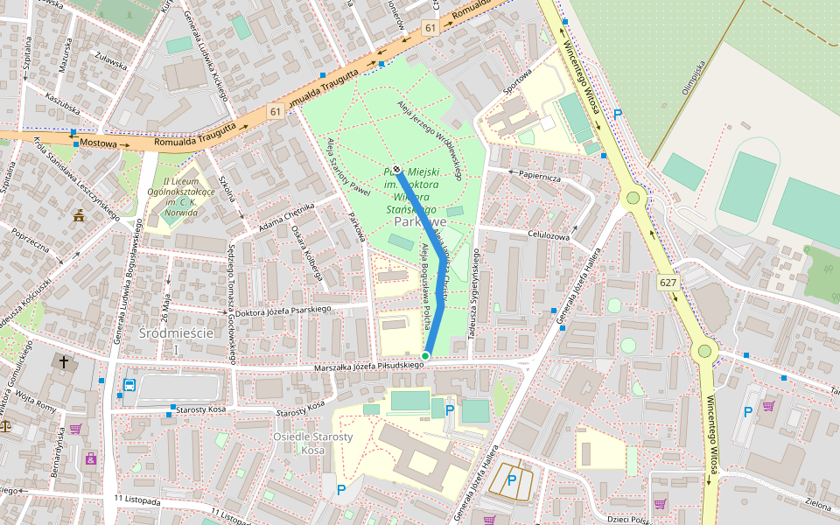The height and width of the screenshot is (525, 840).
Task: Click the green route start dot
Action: pyautogui.click(x=425, y=355)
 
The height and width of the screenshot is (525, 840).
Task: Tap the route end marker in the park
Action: pyautogui.click(x=396, y=170)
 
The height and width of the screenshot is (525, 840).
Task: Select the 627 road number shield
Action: pyautogui.click(x=668, y=282)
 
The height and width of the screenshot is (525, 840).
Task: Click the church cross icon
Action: pyautogui.click(x=63, y=360)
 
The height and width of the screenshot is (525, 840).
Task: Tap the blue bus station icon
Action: pyautogui.click(x=129, y=384)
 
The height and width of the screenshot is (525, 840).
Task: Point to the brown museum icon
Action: pyautogui.click(x=80, y=215)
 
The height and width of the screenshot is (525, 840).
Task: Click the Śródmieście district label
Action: pyautogui.click(x=176, y=334)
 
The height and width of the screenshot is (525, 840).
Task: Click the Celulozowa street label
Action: pyautogui.click(x=549, y=234)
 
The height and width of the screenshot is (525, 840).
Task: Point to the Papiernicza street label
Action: pyautogui.click(x=539, y=174)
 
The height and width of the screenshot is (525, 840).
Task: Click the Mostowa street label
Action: pyautogui.click(x=98, y=142)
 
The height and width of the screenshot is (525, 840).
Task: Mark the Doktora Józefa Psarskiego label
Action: pyautogui.click(x=283, y=309)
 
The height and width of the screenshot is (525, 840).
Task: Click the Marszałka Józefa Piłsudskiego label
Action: pyautogui.click(x=368, y=367)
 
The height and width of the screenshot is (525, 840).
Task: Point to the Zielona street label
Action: pyautogui.click(x=817, y=505)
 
